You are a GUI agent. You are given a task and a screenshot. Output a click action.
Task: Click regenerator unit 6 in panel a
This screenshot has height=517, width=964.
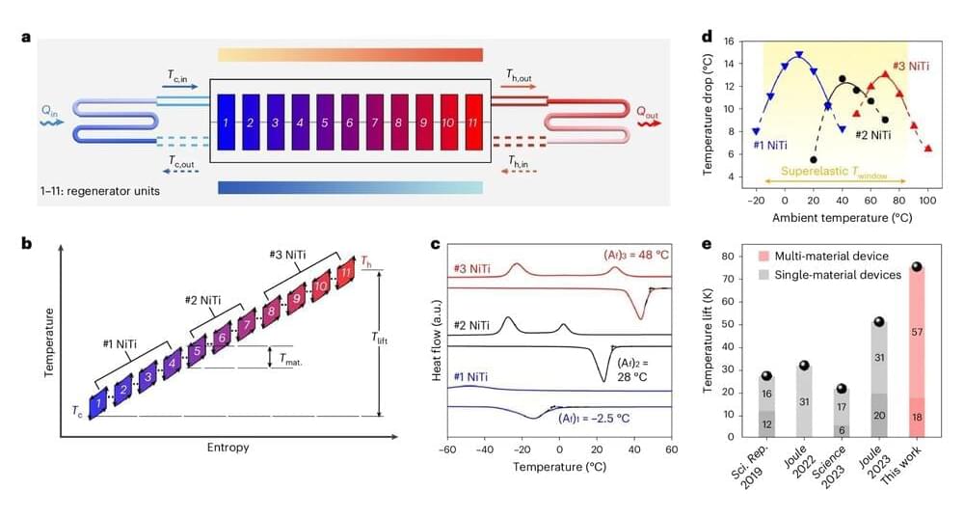(x=348, y=122)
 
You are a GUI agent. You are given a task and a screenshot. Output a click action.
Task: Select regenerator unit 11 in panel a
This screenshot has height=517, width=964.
(x=472, y=122)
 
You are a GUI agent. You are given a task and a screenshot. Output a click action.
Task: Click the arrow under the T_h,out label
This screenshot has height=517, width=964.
(x=522, y=86)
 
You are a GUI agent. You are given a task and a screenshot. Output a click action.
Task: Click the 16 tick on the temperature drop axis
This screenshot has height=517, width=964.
(x=730, y=41)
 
